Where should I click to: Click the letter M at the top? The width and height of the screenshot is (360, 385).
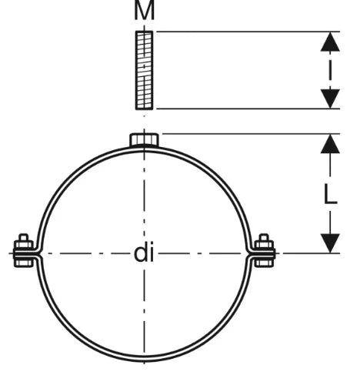145,10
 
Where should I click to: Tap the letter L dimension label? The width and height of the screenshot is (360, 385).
331,194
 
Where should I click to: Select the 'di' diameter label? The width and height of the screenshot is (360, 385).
144,253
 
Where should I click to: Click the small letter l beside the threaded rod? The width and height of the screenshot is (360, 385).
330,70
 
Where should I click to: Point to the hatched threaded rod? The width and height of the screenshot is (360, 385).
144,70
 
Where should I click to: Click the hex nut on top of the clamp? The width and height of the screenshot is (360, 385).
144,139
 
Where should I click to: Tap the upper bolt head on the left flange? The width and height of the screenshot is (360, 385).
24,244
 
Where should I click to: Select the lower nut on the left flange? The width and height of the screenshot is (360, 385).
24,263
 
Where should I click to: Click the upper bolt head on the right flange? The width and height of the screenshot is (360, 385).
264,244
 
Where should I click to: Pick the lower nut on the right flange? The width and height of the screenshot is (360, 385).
264,263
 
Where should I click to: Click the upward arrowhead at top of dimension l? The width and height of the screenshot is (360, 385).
330,42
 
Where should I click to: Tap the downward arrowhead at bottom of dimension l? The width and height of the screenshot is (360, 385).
330,99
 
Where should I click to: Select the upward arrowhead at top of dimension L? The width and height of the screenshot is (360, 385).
330,144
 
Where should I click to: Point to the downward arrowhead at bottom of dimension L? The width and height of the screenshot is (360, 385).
330,243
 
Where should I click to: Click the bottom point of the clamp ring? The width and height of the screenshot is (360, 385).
144,360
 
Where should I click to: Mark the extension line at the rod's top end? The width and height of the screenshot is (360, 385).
248,32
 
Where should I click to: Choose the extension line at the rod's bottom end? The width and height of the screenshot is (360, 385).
248,109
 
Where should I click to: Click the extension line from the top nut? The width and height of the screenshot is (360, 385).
251,134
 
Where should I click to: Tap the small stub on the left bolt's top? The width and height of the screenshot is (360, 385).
24,237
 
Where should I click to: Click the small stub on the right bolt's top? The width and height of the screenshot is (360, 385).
264,237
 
